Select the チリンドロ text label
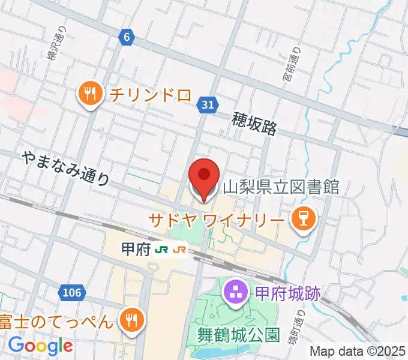point(149,95)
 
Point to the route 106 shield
point(71,292)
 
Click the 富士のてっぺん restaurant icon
point(130,320)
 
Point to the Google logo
point(40,345)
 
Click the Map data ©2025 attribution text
point(358,352)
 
